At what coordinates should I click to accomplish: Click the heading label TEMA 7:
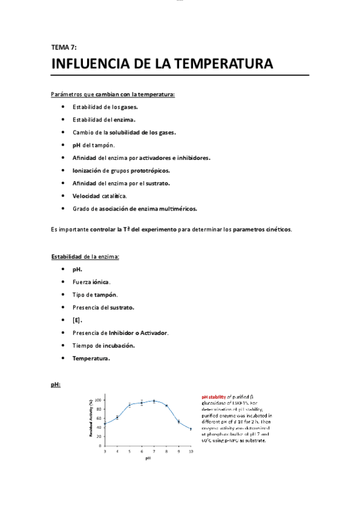[x=64, y=46]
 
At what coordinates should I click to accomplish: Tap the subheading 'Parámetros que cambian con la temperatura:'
[x=113, y=95]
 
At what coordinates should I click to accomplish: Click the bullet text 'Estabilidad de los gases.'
[x=105, y=106]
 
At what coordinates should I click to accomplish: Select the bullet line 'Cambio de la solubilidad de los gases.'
[x=124, y=132]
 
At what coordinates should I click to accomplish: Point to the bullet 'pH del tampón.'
[x=94, y=145]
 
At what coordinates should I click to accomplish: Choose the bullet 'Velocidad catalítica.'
[x=100, y=195]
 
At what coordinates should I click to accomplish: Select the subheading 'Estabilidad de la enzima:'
[x=85, y=257]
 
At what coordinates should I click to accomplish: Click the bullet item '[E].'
[x=78, y=320]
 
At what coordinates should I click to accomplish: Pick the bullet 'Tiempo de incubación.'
[x=103, y=345]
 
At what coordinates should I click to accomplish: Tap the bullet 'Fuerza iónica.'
[x=91, y=281]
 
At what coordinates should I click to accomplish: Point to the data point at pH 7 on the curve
[x=154, y=401]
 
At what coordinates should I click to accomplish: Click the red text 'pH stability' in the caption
[x=214, y=397]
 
